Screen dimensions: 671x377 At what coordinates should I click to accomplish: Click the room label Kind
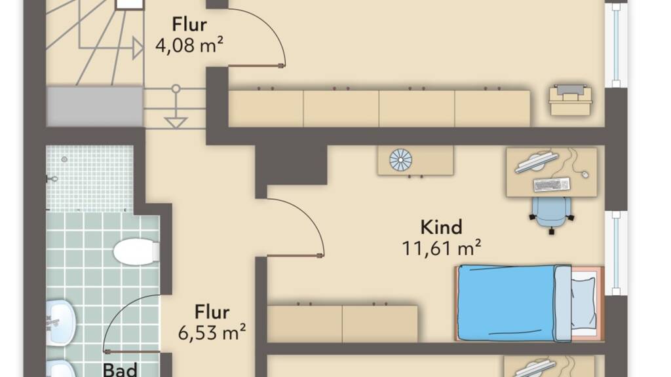(x=441, y=227)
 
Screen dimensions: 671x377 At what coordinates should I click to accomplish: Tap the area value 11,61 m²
(x=441, y=248)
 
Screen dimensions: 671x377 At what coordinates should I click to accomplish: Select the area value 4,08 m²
(x=189, y=45)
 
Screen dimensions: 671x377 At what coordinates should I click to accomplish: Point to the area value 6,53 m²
(x=212, y=332)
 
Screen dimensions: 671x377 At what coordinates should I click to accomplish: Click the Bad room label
(x=121, y=370)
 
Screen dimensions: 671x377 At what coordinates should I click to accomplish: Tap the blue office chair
(x=551, y=215)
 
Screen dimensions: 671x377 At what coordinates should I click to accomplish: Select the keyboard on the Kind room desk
(x=552, y=185)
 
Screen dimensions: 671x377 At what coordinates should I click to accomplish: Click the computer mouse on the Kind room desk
(x=585, y=174)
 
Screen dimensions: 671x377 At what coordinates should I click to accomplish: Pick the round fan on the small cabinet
(x=400, y=160)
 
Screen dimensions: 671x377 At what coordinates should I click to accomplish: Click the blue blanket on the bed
(x=507, y=303)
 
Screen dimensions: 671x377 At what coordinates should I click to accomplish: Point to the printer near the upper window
(x=571, y=99)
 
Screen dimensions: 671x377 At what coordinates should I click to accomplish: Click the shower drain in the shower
(x=64, y=160)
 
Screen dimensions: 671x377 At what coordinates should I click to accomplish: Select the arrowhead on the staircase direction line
(x=138, y=48)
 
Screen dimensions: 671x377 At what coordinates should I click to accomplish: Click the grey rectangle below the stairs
(x=94, y=107)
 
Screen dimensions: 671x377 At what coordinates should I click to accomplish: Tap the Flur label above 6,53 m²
(x=212, y=312)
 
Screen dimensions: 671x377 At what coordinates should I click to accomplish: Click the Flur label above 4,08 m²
(x=189, y=24)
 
